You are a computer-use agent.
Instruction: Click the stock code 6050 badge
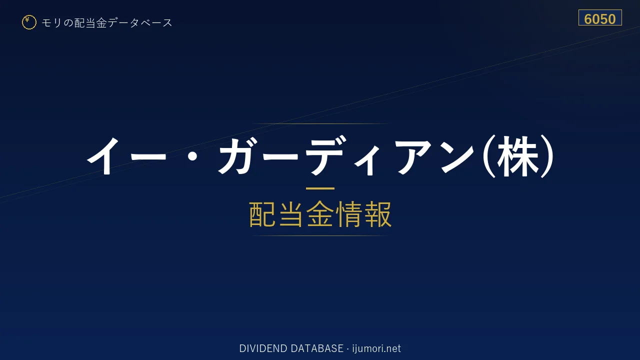point(600,17)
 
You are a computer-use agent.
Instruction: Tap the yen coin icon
point(29,22)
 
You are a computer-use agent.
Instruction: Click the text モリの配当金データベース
point(107,23)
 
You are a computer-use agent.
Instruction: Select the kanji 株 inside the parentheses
point(517,156)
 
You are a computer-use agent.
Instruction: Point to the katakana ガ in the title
point(237,156)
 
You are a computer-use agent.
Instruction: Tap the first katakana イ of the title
point(103,156)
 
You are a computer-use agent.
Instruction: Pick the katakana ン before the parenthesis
point(457,156)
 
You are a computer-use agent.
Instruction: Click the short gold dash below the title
point(320,188)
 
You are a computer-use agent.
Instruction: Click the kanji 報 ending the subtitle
point(377,214)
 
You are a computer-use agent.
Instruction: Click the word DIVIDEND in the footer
point(263,348)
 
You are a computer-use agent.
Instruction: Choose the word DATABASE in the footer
point(317,348)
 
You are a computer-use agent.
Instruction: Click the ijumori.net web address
point(376,348)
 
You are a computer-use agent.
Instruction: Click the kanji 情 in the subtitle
point(349,214)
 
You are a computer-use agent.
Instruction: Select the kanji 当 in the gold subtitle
point(291,214)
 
